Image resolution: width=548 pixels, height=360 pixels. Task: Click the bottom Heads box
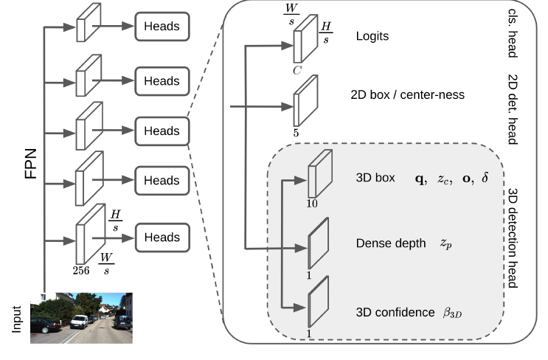(161, 237)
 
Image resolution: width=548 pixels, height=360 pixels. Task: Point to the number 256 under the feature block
(80, 270)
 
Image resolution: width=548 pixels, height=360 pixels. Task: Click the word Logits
(372, 35)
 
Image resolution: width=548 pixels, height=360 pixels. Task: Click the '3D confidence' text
(395, 312)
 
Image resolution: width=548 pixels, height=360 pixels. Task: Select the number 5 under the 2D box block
(296, 134)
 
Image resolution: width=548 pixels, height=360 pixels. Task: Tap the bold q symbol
(421, 179)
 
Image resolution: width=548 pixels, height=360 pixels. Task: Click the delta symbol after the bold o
(485, 179)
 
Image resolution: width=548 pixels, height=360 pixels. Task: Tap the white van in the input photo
(78, 322)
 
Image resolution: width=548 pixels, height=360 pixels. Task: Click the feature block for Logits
(305, 41)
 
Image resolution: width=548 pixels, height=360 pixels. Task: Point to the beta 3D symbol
(452, 313)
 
